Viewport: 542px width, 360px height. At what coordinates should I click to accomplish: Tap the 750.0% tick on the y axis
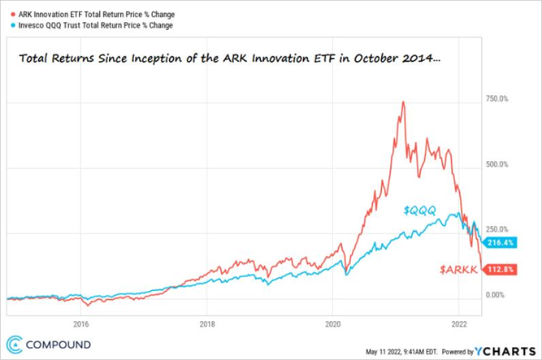(x=496, y=98)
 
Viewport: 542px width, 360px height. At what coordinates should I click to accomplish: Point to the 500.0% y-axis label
(x=496, y=164)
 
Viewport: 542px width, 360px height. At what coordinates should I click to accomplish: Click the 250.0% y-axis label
(x=496, y=229)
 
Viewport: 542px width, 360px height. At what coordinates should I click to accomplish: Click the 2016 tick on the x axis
(x=81, y=322)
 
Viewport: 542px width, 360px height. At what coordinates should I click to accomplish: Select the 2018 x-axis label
(x=206, y=322)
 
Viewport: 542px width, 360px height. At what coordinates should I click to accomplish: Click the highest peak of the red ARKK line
(x=402, y=102)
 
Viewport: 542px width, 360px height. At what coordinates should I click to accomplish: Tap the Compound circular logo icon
(x=15, y=343)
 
